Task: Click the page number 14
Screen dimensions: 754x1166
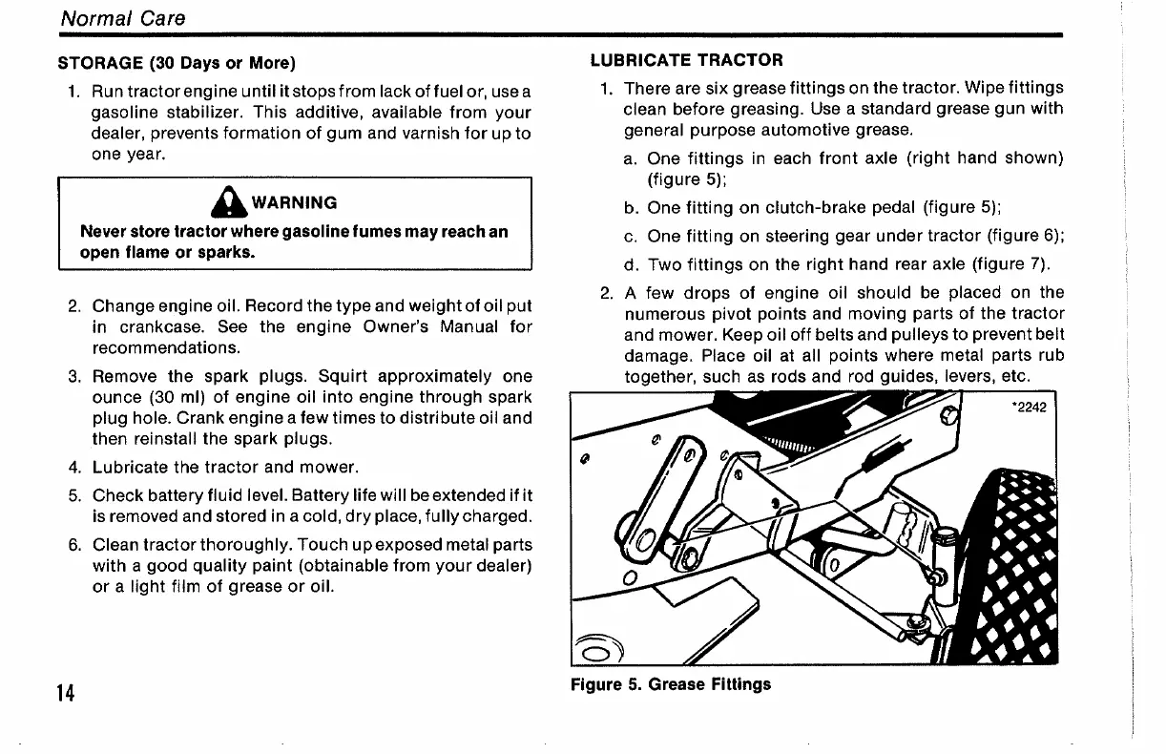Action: point(66,692)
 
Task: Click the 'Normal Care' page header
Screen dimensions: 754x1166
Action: point(122,18)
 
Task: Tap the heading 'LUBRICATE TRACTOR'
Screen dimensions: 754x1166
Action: point(687,60)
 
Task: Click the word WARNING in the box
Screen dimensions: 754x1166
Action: point(294,202)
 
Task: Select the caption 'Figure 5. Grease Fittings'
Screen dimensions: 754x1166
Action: point(671,684)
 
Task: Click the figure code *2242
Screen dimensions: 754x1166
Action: point(1028,408)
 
